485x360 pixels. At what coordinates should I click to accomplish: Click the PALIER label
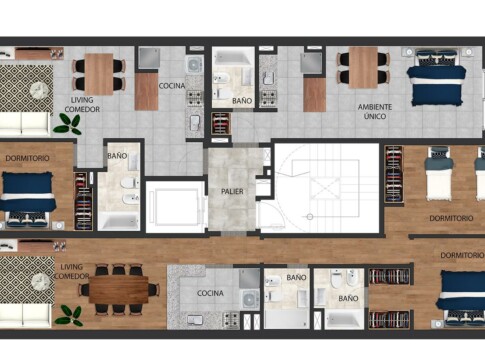pos(232,192)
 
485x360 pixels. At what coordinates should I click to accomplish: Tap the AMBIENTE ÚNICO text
pos(375,112)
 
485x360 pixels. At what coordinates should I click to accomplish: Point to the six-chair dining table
pos(119,289)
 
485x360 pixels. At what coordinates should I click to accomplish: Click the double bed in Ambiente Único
pos(436,78)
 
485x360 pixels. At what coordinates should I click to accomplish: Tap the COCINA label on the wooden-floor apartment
pos(210,293)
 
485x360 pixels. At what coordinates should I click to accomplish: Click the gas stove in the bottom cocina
pos(231,319)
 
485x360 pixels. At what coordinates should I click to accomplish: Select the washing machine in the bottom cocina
pos(250,299)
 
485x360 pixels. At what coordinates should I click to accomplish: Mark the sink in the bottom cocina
pos(195,320)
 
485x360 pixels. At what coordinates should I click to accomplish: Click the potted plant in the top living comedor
pos(68,124)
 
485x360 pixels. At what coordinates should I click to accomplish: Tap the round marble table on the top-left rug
pos(40,90)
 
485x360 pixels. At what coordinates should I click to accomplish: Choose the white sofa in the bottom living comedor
pos(25,316)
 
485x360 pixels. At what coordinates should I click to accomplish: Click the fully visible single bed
pos(439,174)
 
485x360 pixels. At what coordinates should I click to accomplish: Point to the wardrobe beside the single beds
pos(393,174)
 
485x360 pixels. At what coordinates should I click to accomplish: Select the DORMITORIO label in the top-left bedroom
pos(27,158)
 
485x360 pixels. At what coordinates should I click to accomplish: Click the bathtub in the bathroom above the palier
pos(233,57)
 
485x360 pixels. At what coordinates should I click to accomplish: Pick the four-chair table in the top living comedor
pos(99,74)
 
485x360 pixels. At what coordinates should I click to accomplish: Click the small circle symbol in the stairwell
pos(310,217)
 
